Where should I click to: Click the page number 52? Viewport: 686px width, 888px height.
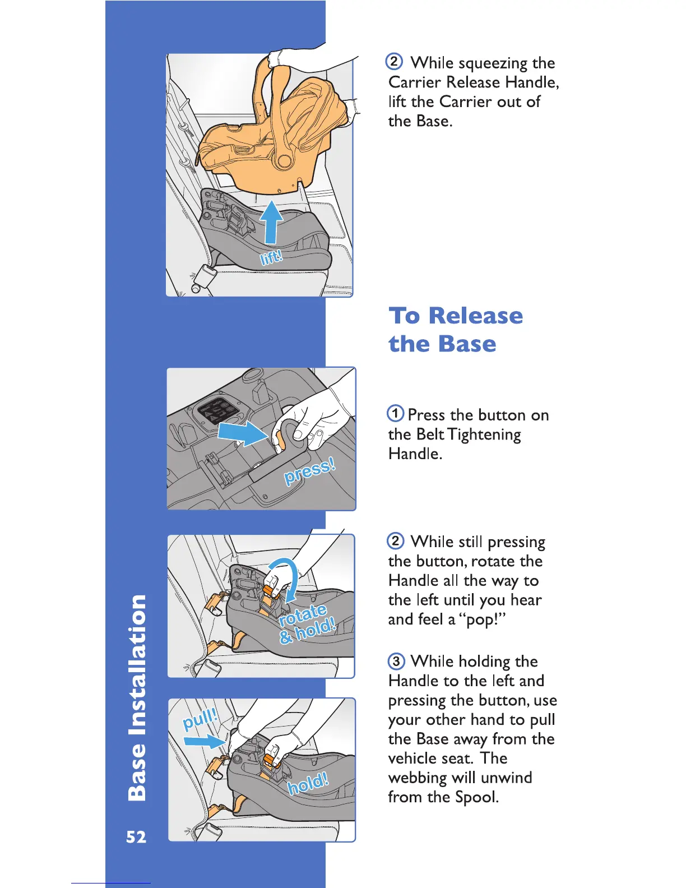point(136,837)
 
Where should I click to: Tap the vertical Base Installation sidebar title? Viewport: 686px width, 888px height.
point(137,697)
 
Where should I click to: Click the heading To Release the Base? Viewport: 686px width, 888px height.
point(456,330)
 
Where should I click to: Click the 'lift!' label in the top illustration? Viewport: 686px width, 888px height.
point(272,257)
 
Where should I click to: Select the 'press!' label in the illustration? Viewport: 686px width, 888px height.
point(309,470)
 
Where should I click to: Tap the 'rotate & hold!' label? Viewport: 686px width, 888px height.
point(307,623)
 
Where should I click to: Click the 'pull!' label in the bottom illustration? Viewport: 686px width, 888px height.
point(200,719)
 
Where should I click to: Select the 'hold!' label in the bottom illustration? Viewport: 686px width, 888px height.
point(308,782)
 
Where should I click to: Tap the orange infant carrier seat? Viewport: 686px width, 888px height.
point(269,135)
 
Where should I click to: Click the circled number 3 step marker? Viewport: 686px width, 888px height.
point(396,662)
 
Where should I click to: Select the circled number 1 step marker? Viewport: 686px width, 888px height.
point(395,414)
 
